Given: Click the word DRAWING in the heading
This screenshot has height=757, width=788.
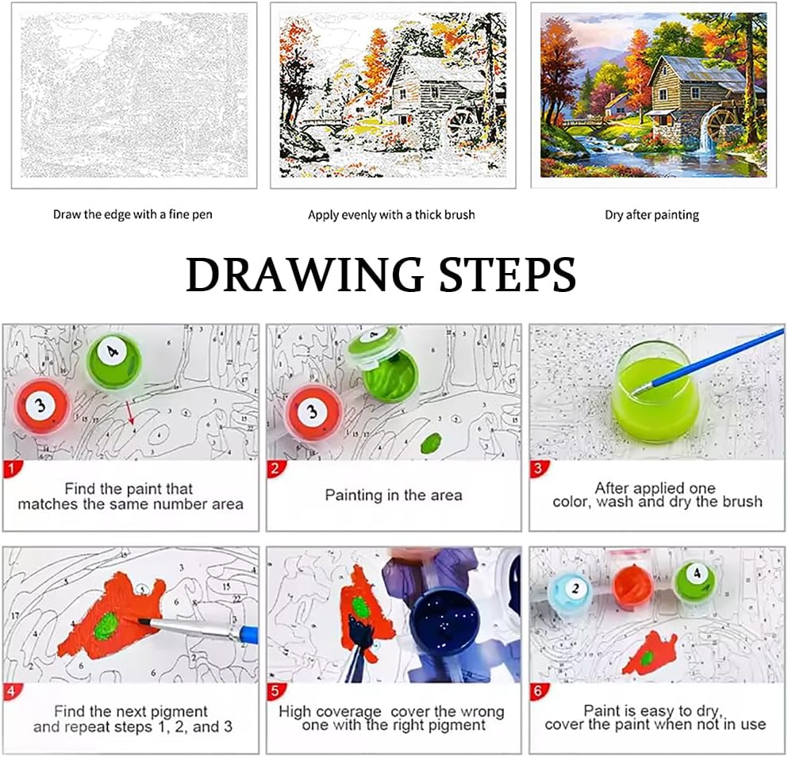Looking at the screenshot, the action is (x=305, y=275).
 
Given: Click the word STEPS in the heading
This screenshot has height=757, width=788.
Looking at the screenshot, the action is (x=508, y=275).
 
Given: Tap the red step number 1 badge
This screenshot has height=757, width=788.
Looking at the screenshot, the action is (x=12, y=470).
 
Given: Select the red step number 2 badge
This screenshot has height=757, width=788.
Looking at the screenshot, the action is (x=275, y=470).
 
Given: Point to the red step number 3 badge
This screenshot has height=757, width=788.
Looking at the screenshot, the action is (x=538, y=470).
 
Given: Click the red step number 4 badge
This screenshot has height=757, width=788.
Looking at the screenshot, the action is (x=12, y=692).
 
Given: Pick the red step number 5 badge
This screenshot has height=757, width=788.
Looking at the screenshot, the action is (x=275, y=692).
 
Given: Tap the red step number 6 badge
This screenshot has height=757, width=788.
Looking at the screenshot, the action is (x=538, y=692).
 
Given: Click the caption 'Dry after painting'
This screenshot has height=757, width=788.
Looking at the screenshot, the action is (x=652, y=215).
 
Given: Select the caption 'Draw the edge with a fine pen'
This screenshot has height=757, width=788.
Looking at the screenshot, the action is (x=133, y=214).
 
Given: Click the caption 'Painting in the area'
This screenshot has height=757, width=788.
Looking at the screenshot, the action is (x=394, y=496).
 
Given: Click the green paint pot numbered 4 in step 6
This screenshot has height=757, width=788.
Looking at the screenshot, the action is (x=696, y=581).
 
